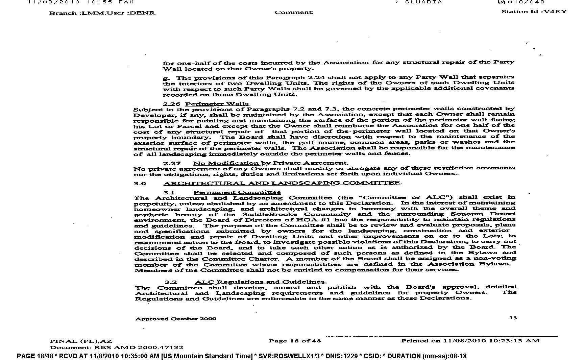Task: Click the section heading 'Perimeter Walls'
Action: [x=218, y=104]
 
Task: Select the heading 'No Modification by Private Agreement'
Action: [x=271, y=163]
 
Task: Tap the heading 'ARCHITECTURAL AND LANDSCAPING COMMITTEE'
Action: [x=282, y=183]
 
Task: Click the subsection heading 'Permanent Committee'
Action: [x=237, y=192]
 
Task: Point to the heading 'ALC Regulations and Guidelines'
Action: [x=261, y=282]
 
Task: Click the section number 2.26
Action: [x=171, y=104]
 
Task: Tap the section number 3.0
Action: [x=140, y=184]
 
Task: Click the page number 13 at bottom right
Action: [x=513, y=318]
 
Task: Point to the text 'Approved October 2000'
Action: [x=176, y=318]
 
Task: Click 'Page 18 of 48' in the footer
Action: [x=295, y=341]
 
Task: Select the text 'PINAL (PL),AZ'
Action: [x=81, y=341]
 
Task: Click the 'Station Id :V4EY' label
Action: [x=534, y=11]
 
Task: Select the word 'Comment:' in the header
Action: [x=294, y=13]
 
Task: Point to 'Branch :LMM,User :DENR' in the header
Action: [x=102, y=13]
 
